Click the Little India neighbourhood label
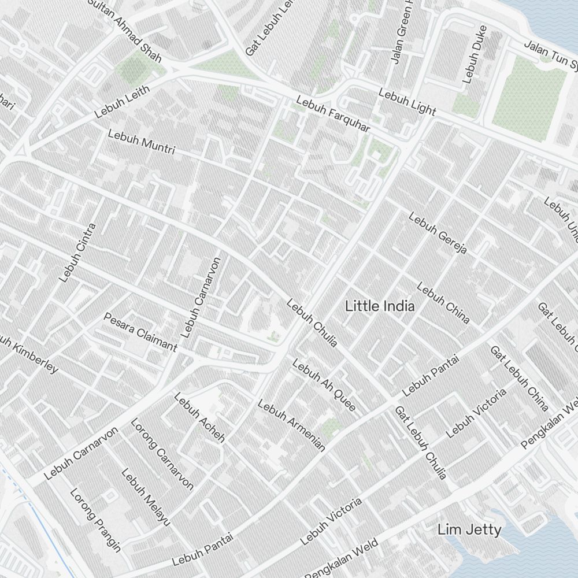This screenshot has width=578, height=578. click(x=379, y=306)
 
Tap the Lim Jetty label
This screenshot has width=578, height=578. click(x=469, y=529)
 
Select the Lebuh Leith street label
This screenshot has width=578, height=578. click(x=122, y=102)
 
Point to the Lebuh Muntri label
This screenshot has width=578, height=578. click(x=141, y=142)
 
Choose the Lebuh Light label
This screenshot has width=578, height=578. click(x=407, y=101)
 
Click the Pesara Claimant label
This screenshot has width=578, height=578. click(x=140, y=332)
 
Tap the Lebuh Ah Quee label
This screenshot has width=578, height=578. click(x=324, y=386)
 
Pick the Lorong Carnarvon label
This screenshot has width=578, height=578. click(x=161, y=454)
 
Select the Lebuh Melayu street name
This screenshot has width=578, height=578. click(x=146, y=497)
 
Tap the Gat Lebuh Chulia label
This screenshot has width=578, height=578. click(x=420, y=442)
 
